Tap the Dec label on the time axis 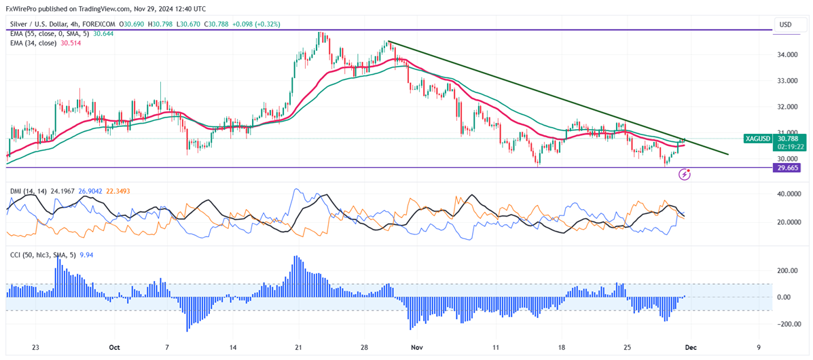pyautogui.click(x=691, y=346)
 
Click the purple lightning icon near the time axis pyautogui.click(x=685, y=175)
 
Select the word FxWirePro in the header pyautogui.click(x=20, y=9)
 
